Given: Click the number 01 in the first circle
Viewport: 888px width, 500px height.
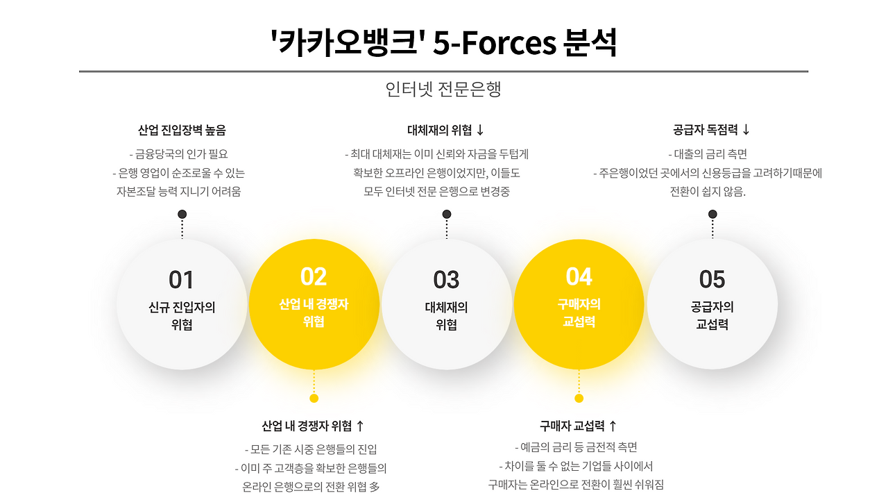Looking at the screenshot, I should point(181,280).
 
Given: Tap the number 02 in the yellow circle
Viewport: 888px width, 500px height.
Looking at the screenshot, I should point(314,276).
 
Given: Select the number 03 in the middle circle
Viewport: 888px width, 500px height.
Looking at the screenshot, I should point(446,280).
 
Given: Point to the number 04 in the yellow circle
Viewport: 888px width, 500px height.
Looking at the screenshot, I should point(579,276).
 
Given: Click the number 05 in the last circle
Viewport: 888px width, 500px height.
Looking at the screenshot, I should point(712,280).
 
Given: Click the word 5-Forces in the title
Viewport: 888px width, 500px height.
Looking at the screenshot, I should point(495,44).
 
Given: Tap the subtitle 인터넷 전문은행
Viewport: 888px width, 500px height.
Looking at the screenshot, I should point(443,89).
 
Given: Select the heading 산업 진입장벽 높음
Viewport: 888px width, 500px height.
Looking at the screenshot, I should point(182,131).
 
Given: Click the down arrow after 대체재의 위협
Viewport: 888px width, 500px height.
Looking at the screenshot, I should point(480,131).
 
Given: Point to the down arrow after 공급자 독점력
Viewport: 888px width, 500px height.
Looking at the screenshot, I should point(746,130).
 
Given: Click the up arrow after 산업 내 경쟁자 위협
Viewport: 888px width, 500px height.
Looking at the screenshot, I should point(359,426).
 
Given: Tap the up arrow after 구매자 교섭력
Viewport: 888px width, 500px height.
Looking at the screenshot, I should point(613,426).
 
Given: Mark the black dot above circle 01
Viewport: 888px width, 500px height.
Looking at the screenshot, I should point(182,214).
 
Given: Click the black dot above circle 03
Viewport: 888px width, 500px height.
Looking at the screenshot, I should point(447,214).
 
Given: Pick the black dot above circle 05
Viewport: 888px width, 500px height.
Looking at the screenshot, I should point(712,214).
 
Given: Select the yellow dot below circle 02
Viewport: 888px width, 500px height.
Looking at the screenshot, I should point(314,398).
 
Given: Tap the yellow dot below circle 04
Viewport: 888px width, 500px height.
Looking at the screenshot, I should point(579,398).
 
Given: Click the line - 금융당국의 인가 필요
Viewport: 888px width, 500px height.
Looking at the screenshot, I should point(178,154).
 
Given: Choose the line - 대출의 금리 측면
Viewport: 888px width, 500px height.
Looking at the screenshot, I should point(708,154).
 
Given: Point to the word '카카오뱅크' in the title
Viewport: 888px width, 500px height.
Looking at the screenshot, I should point(346,44).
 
